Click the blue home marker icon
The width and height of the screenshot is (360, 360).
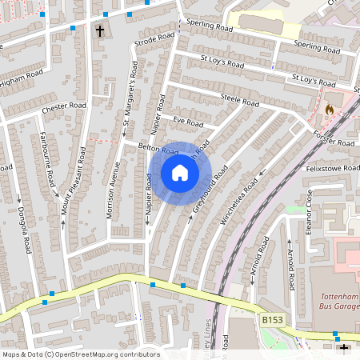[180, 173]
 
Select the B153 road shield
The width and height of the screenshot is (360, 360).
[272, 320]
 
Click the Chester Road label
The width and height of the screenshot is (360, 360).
[63, 106]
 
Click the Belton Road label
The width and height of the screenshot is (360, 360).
[158, 149]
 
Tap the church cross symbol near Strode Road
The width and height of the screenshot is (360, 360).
[100, 31]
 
